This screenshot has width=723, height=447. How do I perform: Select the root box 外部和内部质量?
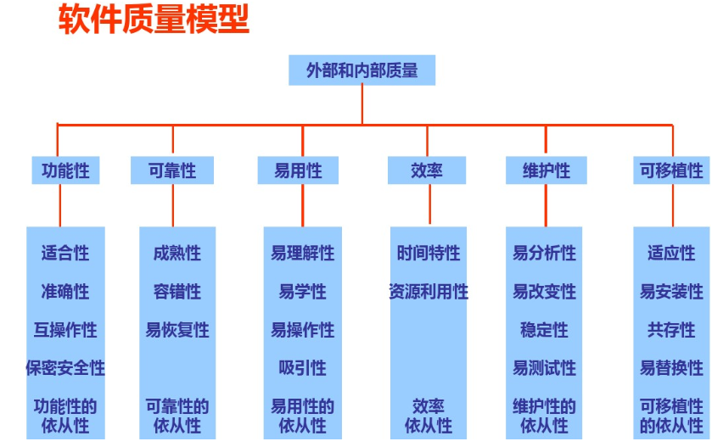(362, 70)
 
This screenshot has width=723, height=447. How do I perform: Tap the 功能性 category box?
(65, 170)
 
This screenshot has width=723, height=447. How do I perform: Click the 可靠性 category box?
(172, 170)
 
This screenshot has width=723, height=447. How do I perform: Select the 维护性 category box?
(546, 170)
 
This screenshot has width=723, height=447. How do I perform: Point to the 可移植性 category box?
(671, 170)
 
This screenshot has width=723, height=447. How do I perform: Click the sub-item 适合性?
(65, 253)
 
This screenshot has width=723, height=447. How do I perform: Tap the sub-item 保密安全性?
(65, 368)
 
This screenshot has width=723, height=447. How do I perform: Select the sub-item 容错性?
(177, 292)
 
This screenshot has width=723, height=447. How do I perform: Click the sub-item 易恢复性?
(177, 330)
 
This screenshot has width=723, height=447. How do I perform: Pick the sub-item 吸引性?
(303, 368)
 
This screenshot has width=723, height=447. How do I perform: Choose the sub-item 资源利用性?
(429, 292)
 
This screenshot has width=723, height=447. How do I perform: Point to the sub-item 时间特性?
(429, 253)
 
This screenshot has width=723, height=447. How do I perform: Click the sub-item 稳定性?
(544, 330)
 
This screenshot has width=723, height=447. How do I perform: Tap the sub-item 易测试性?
(544, 368)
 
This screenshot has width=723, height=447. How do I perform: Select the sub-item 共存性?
(671, 330)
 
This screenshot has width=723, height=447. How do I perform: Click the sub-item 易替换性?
(671, 368)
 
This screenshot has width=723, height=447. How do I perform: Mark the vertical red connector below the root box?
(362, 104)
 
